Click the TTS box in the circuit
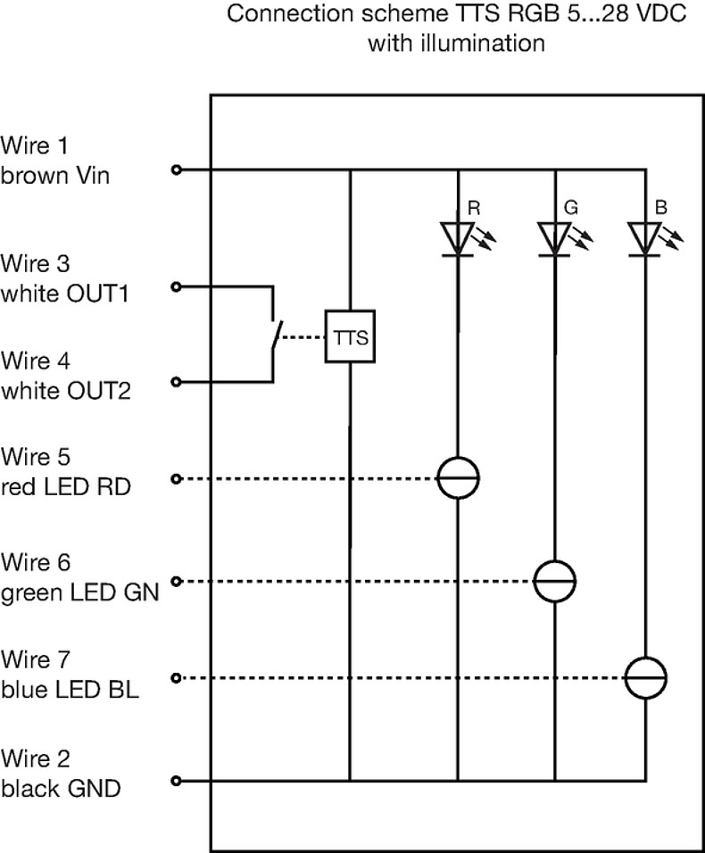350,338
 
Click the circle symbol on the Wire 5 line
458,479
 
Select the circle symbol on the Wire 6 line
554,582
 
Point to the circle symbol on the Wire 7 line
645,678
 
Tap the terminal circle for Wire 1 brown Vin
176,169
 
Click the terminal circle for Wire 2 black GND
176,782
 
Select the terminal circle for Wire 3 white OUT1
176,286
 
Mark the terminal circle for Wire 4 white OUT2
176,383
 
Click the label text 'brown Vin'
55,176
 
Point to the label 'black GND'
61,789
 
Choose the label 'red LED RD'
66,486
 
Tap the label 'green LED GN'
79,591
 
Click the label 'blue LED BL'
70,688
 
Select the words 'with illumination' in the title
456,42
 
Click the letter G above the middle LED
571,208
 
